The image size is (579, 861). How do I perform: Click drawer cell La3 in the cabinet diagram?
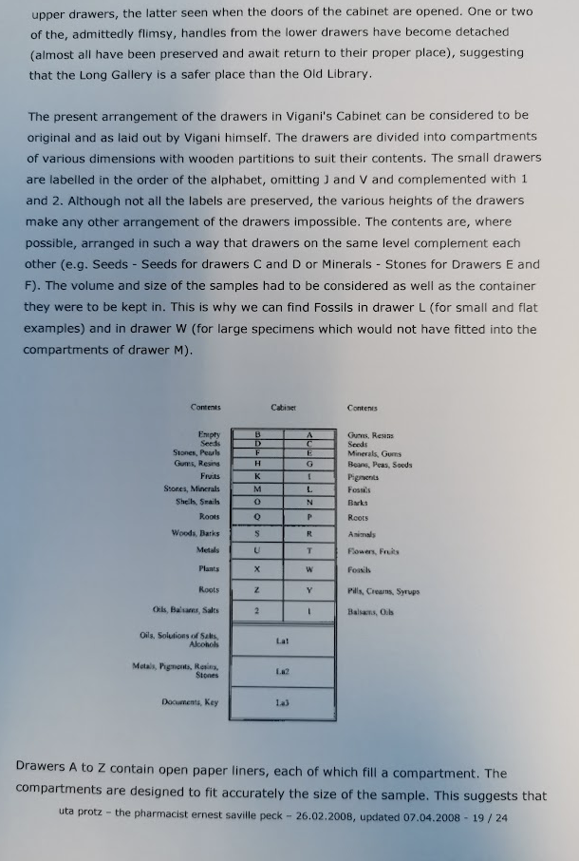(283, 702)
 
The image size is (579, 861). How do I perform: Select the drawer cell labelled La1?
(283, 641)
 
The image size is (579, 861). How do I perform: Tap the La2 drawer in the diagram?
(283, 671)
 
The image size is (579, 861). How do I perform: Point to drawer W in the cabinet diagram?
(309, 569)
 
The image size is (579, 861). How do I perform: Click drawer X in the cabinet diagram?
(257, 569)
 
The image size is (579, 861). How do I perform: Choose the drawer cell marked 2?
(257, 611)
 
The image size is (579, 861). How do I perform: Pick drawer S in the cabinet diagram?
(257, 534)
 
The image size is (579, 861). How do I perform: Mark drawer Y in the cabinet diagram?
(309, 590)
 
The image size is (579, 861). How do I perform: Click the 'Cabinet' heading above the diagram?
(284, 407)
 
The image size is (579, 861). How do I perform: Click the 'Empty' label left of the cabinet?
(209, 434)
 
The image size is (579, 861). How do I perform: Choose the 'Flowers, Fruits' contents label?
(373, 551)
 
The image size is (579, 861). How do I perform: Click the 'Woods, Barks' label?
(196, 534)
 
